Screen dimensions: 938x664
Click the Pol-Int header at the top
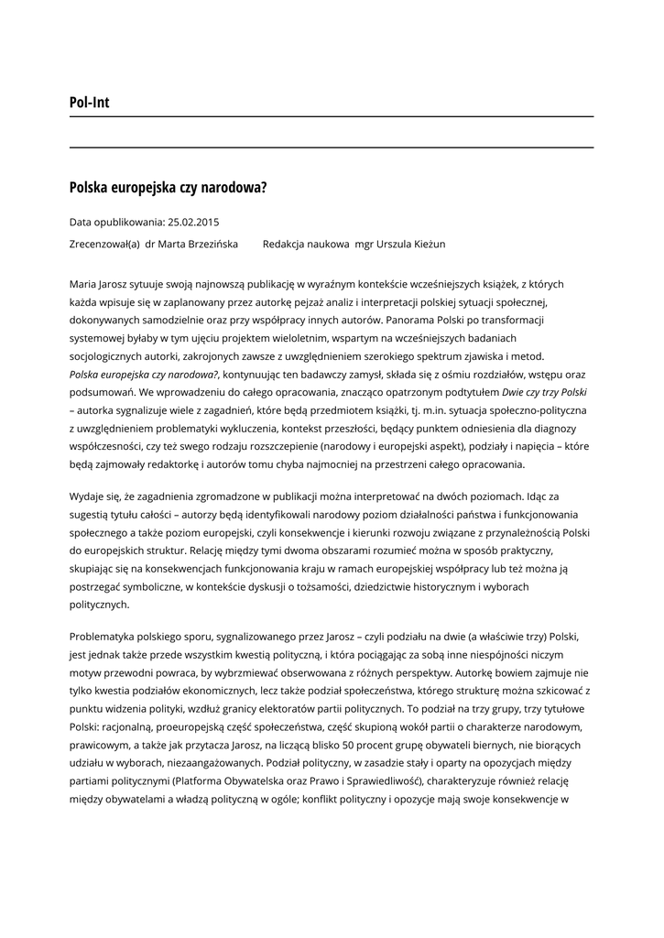pos(89,103)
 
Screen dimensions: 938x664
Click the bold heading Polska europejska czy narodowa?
pos(168,188)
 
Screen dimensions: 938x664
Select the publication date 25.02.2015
pos(193,222)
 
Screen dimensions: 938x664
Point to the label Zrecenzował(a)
pos(104,245)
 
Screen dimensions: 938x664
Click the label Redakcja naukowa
pos(306,245)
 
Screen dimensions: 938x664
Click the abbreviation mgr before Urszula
pos(364,245)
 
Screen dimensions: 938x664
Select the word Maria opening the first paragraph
pos(84,284)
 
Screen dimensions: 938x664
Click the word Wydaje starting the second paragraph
pos(87,496)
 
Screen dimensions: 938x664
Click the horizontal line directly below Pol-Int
pos(332,117)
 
